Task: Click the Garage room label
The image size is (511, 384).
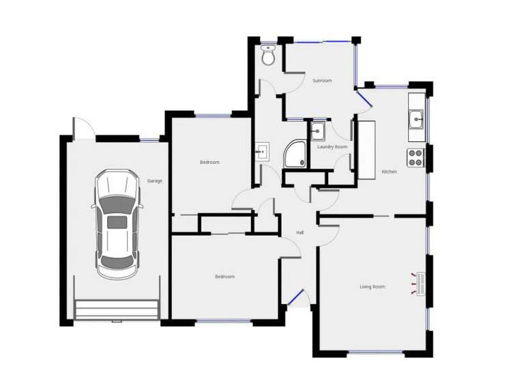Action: (x=155, y=181)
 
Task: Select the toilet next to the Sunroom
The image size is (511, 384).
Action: (x=268, y=55)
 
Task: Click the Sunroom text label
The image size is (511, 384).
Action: (x=322, y=81)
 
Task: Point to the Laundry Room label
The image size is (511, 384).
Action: (x=332, y=147)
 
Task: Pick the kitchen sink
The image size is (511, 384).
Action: (x=416, y=121)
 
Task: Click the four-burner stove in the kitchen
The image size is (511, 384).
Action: (x=415, y=158)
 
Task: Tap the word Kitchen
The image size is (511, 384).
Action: (x=389, y=172)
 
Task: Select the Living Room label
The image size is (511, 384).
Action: (x=373, y=286)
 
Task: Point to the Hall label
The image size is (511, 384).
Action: (x=300, y=233)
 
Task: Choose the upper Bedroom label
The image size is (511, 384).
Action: (x=209, y=162)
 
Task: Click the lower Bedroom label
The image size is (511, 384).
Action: (x=224, y=276)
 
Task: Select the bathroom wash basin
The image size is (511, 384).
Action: (x=263, y=150)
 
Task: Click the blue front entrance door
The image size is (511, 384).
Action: (x=295, y=297)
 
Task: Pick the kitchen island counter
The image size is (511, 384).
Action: (x=366, y=150)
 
